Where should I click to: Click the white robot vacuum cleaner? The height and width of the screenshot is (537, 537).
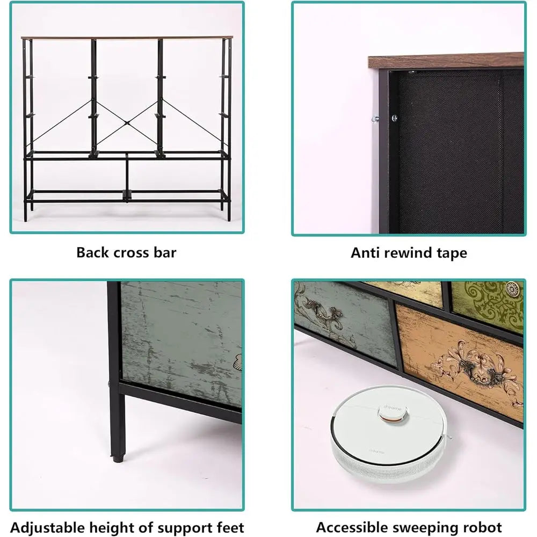coord(390,434)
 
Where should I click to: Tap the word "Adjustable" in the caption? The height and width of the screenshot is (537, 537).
coord(47,527)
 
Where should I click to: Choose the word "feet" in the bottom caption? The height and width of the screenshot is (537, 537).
coord(230,527)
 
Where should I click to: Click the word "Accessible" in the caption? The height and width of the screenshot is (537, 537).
coord(351,527)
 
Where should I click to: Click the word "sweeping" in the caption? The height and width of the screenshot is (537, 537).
coord(423,528)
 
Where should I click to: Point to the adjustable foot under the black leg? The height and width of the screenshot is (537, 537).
coord(118,458)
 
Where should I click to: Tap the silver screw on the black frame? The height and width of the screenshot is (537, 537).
coord(395,118)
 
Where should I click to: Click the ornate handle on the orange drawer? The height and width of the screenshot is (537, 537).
coord(474,366)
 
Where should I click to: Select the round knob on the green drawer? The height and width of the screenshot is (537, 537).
coord(512,289)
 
